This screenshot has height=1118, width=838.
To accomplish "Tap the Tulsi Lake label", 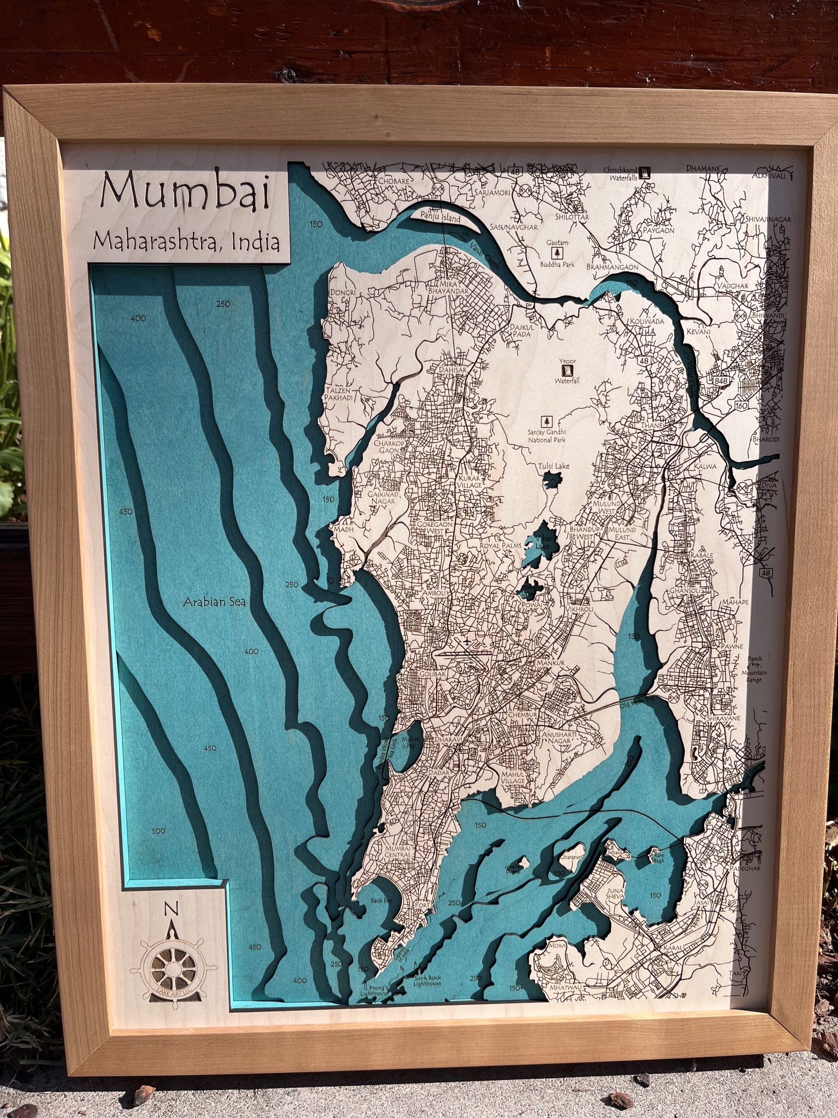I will point(553,466).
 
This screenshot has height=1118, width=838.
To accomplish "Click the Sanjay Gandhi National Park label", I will point(546,436).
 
